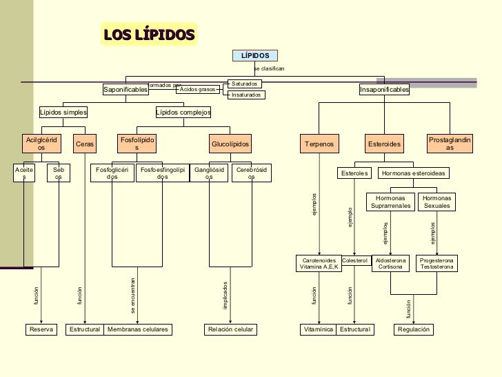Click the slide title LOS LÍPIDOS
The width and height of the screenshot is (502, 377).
150,35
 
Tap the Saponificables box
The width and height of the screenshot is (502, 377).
125,90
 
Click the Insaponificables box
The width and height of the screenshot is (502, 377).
384,90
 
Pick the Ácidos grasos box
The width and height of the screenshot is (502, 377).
198,89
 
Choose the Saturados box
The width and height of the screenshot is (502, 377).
245,84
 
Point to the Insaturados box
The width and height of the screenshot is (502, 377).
245,95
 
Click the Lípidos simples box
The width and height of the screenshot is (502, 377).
63,112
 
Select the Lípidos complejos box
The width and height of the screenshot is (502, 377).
183,112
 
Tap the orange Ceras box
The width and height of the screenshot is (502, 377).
85,144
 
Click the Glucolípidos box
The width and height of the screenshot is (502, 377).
230,144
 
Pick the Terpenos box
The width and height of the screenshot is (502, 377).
319,144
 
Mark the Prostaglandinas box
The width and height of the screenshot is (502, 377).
450,144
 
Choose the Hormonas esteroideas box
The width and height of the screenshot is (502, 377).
414,173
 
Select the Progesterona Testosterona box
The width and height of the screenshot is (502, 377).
437,264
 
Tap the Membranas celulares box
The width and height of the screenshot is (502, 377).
138,330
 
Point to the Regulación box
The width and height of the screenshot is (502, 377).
414,330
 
